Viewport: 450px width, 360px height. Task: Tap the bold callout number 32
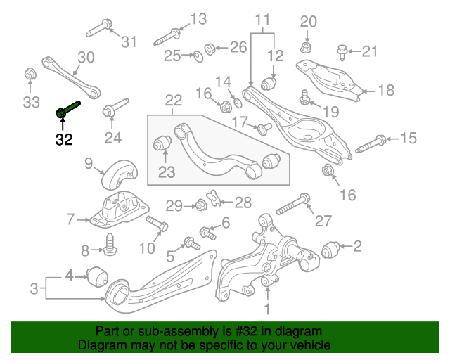[64, 139]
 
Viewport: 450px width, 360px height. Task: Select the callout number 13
[199, 18]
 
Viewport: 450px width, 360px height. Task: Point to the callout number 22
[173, 102]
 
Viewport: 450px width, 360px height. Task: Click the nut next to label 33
[30, 73]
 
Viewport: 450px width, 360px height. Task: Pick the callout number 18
[387, 90]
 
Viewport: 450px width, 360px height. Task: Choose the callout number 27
[323, 221]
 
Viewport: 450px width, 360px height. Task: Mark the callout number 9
[89, 165]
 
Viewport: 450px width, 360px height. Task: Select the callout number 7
[70, 220]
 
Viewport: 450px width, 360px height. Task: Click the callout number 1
[267, 309]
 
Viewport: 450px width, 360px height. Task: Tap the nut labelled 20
[307, 48]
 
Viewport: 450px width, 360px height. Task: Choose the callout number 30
[86, 57]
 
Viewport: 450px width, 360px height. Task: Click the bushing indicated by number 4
[97, 274]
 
